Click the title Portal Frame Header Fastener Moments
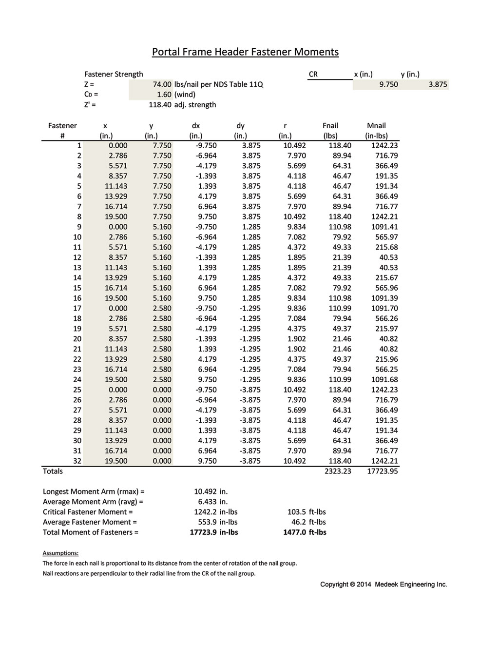tap(245, 52)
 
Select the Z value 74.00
tap(162, 84)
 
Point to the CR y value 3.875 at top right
tap(438, 84)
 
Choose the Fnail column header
tap(330, 126)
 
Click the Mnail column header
tap(376, 126)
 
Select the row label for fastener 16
tap(77, 298)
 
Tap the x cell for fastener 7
tap(116, 206)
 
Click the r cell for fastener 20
tap(297, 339)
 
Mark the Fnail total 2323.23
tap(338, 471)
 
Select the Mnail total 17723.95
tap(383, 471)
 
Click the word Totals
tap(53, 471)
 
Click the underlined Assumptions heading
tap(60, 553)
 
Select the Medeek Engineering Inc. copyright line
tap(384, 585)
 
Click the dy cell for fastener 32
tap(250, 461)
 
